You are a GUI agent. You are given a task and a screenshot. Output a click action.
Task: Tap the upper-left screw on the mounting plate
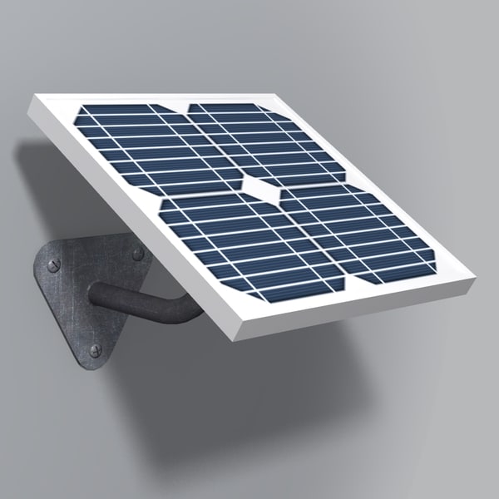54,265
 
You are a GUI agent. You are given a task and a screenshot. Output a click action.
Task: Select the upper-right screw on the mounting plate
137,254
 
